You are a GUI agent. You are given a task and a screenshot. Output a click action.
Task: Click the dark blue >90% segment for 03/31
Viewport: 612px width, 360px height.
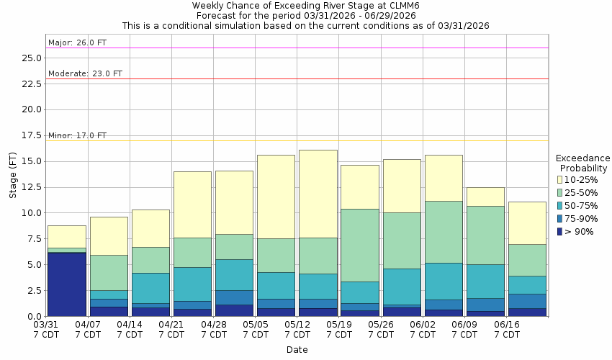pyautogui.click(x=66, y=284)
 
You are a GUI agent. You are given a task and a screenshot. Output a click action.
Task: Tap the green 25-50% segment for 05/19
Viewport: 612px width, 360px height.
pyautogui.click(x=360, y=245)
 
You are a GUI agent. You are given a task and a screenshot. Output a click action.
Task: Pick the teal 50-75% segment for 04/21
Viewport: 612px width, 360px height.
pyautogui.click(x=192, y=284)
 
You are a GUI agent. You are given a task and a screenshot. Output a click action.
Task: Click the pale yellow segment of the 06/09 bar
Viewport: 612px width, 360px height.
pyautogui.click(x=485, y=197)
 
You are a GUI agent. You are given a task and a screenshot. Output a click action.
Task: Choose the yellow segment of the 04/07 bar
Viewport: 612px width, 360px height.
pyautogui.click(x=109, y=235)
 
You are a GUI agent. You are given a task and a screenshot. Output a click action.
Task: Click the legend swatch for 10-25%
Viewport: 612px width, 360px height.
pyautogui.click(x=559, y=179)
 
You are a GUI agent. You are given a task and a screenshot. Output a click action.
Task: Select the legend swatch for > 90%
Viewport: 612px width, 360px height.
pyautogui.click(x=559, y=231)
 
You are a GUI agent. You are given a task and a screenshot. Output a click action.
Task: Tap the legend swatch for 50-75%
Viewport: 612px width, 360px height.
pyautogui.click(x=559, y=205)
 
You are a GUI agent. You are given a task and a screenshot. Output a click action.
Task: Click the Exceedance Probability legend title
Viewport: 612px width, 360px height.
pyautogui.click(x=583, y=163)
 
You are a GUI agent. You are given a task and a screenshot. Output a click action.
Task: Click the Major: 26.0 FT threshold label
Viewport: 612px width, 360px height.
pyautogui.click(x=77, y=42)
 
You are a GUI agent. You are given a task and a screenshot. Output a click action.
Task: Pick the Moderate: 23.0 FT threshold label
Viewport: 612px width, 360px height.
pyautogui.click(x=85, y=73)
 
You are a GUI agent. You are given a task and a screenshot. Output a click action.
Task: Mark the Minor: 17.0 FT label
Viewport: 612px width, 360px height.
pyautogui.click(x=77, y=135)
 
